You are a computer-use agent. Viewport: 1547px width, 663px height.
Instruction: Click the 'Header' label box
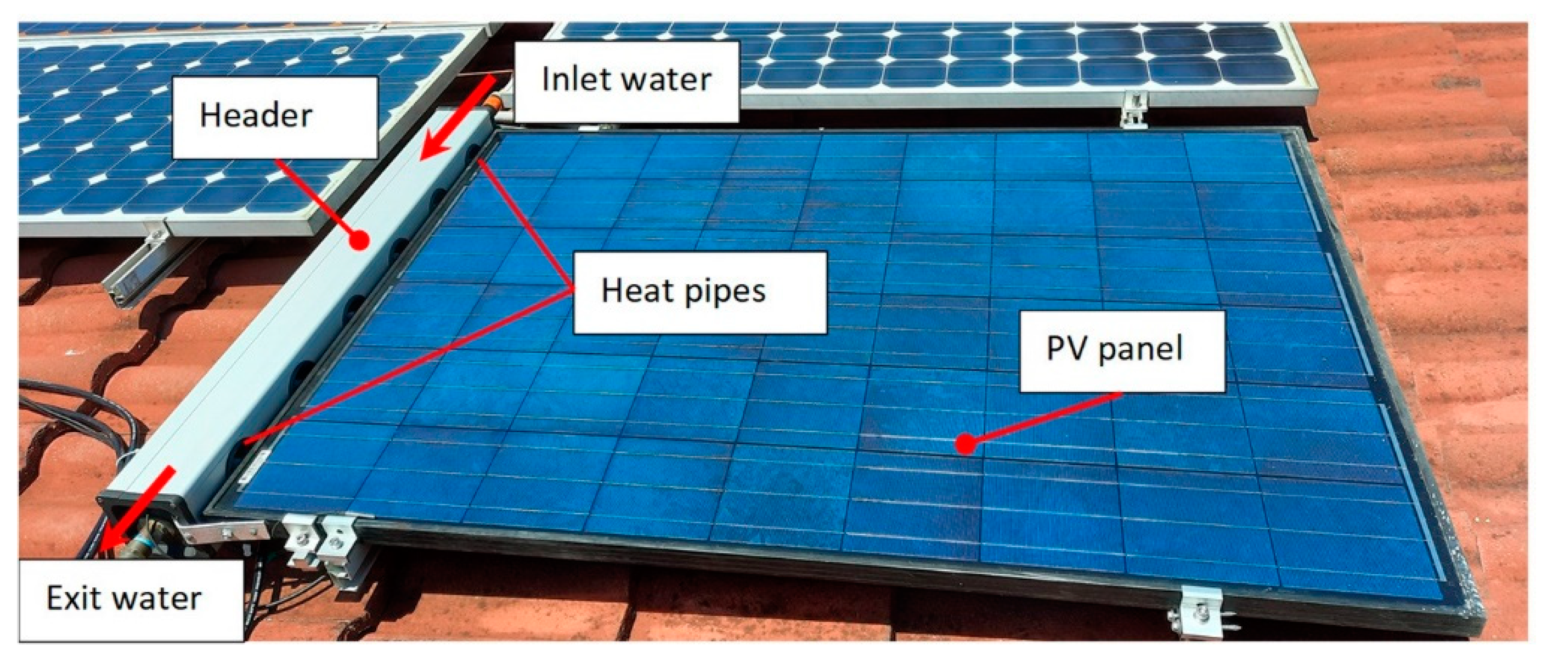pyautogui.click(x=275, y=117)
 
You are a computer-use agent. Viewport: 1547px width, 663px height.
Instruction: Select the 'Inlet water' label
pyautogui.click(x=626, y=81)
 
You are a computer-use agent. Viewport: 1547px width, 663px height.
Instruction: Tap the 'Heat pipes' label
pyautogui.click(x=699, y=292)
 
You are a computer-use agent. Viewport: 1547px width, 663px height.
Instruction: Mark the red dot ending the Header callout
pyautogui.click(x=359, y=241)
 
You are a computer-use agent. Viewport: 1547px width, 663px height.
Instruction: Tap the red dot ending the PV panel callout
pyautogui.click(x=965, y=444)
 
